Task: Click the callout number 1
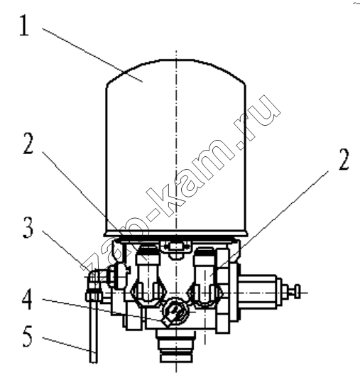[x=24, y=26]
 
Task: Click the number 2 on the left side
[x=28, y=143]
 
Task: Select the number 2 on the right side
[x=344, y=159]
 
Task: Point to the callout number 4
[x=27, y=299]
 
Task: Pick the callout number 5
[x=28, y=337]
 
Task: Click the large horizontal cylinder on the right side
[x=261, y=293]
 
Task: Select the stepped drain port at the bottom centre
[x=176, y=346]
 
